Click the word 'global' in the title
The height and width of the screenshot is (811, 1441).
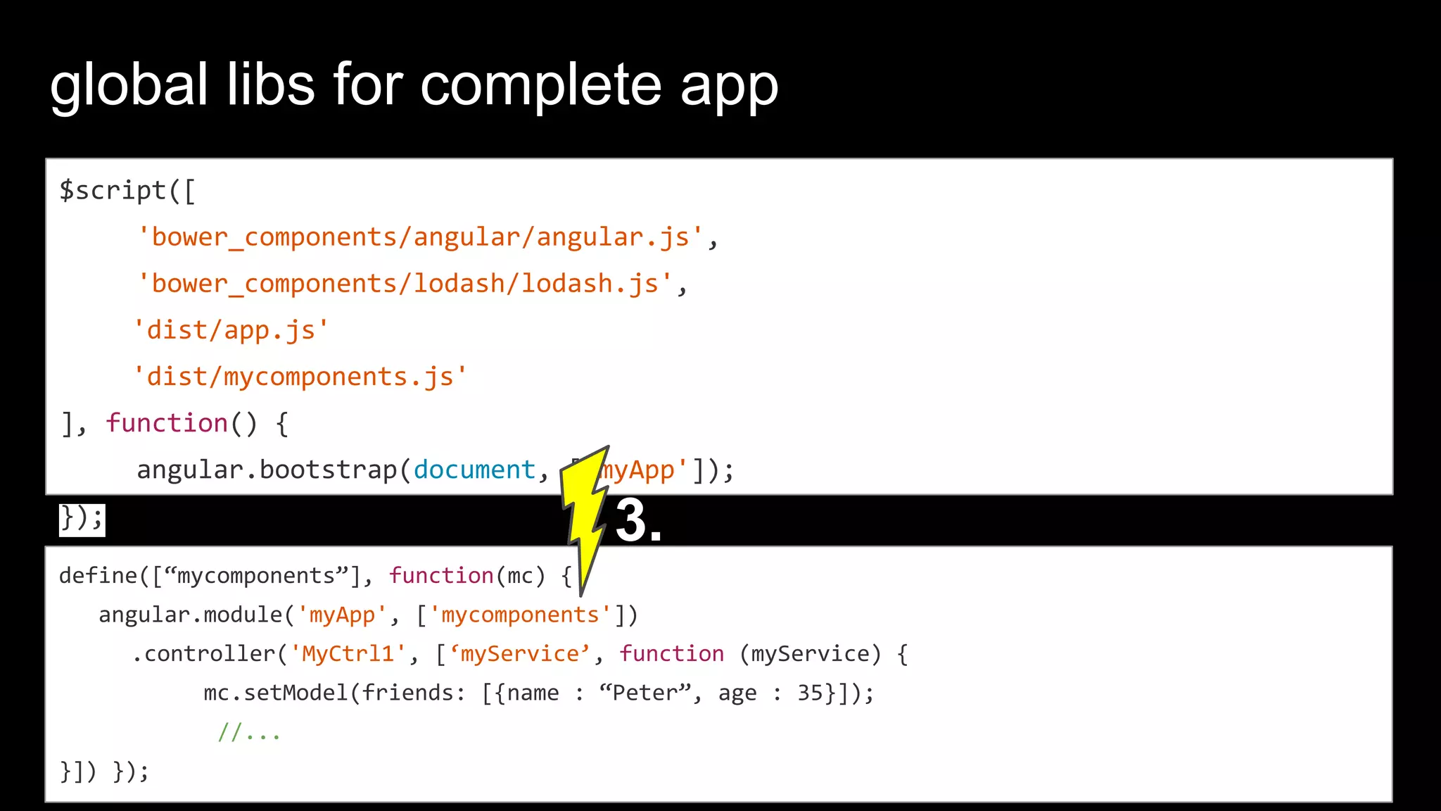pyautogui.click(x=129, y=85)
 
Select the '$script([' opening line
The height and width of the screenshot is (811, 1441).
pyautogui.click(x=127, y=191)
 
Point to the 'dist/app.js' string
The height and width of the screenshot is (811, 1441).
pyautogui.click(x=231, y=330)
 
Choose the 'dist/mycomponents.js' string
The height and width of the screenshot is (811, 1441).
pyautogui.click(x=300, y=377)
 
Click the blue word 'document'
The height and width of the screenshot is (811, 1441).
pyautogui.click(x=474, y=470)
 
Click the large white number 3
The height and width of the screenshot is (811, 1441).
pyautogui.click(x=631, y=520)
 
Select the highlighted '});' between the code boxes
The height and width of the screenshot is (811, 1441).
pyautogui.click(x=82, y=519)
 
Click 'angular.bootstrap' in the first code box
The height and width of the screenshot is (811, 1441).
pyautogui.click(x=267, y=470)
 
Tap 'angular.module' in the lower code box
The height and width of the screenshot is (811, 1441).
pyautogui.click(x=190, y=615)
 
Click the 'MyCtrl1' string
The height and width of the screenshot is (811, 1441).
pyautogui.click(x=348, y=654)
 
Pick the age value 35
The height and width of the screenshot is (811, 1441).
pyautogui.click(x=810, y=693)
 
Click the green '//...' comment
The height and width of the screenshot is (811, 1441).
pyautogui.click(x=249, y=732)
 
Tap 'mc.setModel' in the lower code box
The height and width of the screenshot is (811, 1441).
pyautogui.click(x=275, y=693)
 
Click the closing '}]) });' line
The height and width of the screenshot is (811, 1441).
pyautogui.click(x=104, y=772)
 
